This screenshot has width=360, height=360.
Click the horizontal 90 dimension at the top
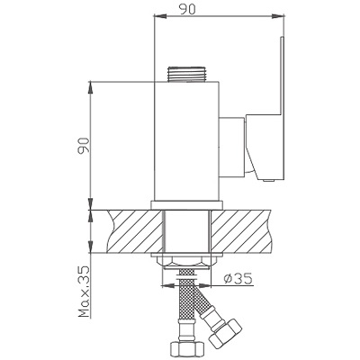click(187, 9)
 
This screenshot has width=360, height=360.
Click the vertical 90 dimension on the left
click(84, 146)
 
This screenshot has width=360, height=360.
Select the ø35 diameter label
click(238, 279)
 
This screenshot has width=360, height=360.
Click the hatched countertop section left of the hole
click(135, 231)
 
